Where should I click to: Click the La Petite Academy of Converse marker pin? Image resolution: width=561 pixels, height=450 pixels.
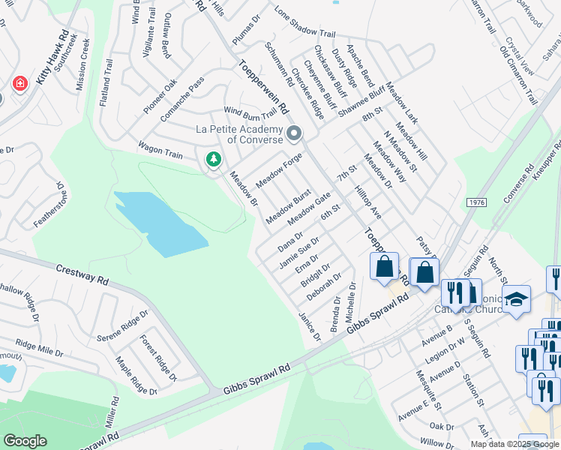tap(294, 134)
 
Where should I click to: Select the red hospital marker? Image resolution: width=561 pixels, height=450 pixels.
tap(20, 83)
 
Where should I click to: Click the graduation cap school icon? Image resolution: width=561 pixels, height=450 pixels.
tap(516, 299)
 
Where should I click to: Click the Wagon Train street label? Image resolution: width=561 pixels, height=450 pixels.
tap(159, 150)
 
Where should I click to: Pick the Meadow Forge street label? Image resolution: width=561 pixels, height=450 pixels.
tap(278, 171)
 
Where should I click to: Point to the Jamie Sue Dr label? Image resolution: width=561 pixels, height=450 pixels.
tap(298, 252)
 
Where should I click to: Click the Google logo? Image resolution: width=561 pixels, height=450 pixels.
tap(25, 441)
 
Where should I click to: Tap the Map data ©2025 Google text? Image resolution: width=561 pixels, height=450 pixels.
tap(514, 444)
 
